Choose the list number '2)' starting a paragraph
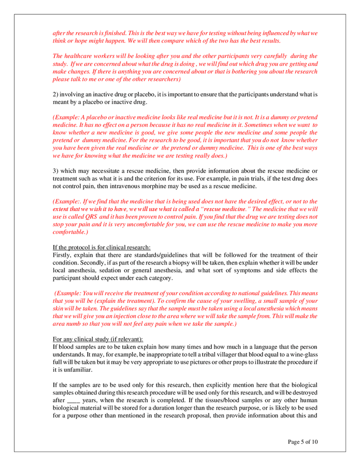[56, 95]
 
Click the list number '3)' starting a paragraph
[56, 171]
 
